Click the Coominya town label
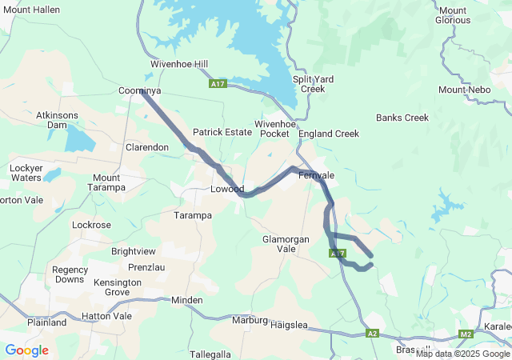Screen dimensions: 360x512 point(140,91)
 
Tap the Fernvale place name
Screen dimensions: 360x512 point(316,174)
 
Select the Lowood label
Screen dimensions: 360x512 point(226,190)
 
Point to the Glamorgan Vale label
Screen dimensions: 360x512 point(285,244)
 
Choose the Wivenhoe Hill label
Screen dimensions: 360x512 point(178,64)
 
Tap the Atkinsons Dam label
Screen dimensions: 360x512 point(57,120)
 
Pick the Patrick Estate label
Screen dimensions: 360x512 point(222,132)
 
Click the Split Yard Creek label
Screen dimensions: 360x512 point(313,83)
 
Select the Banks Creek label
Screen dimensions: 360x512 point(402,118)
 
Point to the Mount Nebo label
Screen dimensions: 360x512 point(463,90)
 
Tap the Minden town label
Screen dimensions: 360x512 point(187,300)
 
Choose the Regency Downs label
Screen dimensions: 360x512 point(70,274)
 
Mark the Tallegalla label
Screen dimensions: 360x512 point(210,354)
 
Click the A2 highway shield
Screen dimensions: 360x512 point(372,333)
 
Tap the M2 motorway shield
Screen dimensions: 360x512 point(466,334)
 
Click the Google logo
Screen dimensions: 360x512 point(26,350)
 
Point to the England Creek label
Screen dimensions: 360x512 point(329,134)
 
